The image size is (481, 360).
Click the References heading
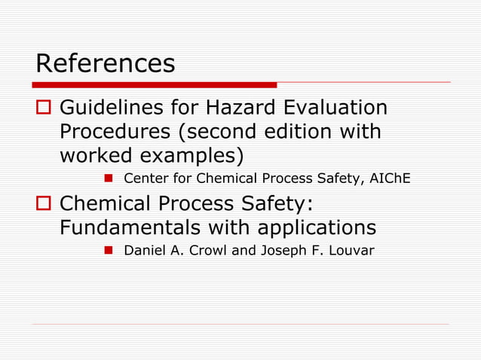pyautogui.click(x=106, y=63)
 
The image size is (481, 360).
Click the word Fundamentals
pyautogui.click(x=128, y=227)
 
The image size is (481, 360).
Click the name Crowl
pyautogui.click(x=208, y=250)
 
